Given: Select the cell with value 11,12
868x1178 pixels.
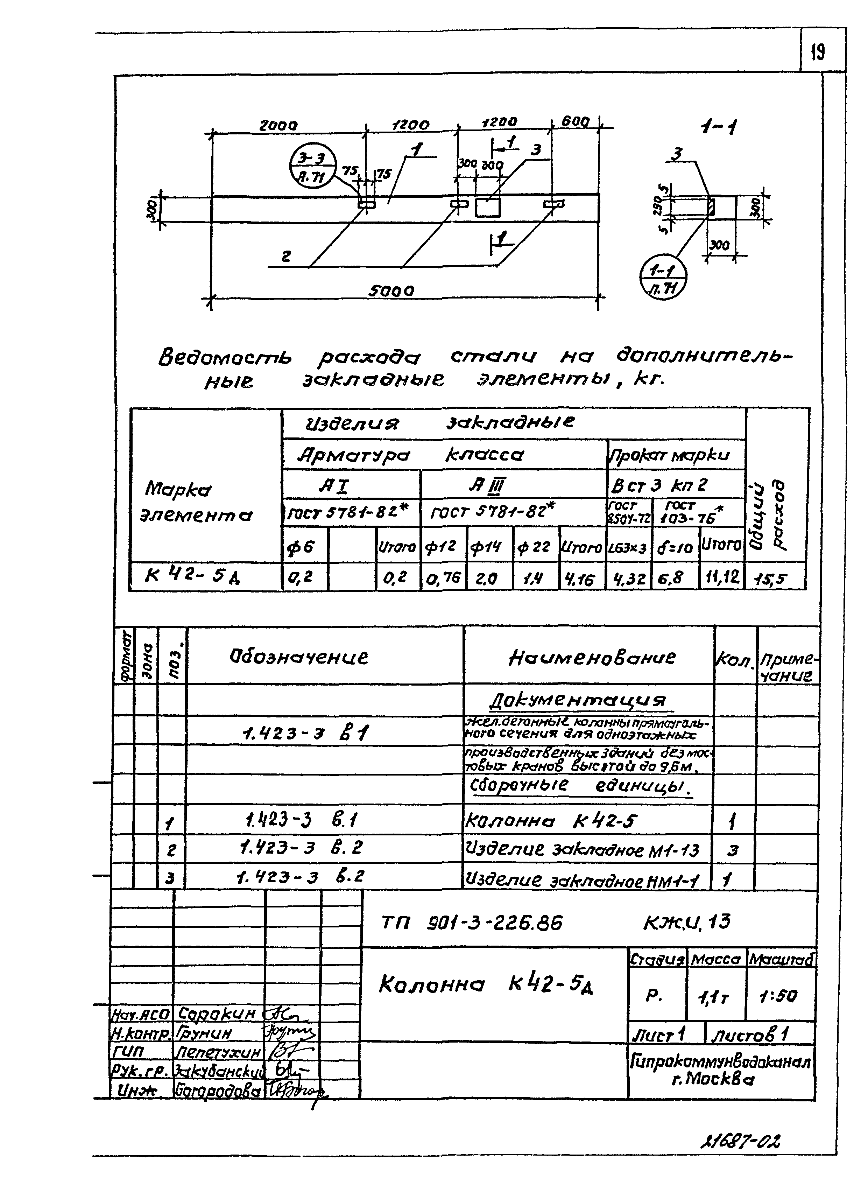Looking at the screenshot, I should (721, 578).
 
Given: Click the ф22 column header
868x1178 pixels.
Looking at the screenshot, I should (534, 548).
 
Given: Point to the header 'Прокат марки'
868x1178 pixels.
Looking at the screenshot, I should (676, 455).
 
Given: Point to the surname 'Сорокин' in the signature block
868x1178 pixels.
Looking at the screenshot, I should (217, 1013).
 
